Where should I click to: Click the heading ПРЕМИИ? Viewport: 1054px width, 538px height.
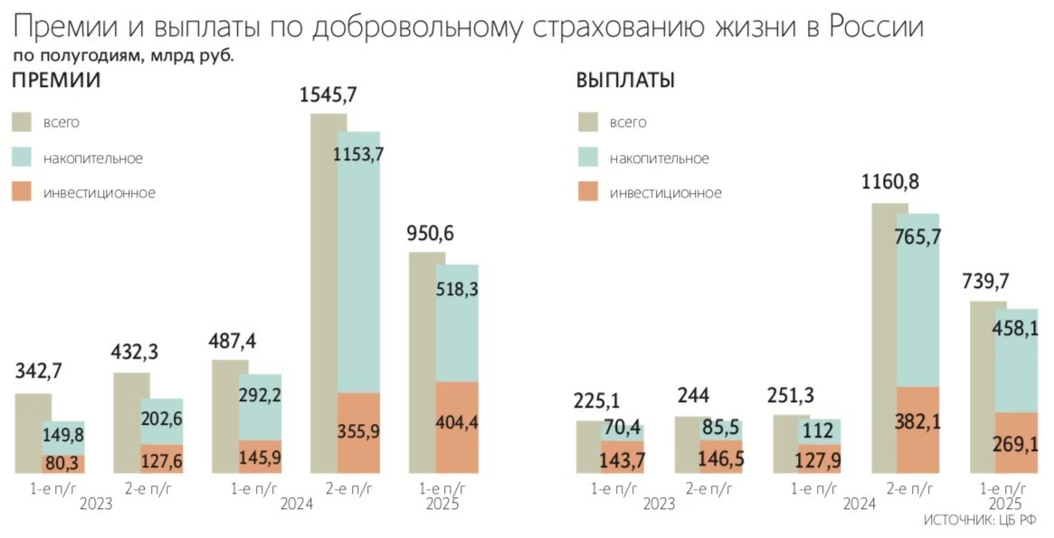pos(55,81)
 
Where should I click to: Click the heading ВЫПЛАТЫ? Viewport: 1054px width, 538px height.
pos(625,81)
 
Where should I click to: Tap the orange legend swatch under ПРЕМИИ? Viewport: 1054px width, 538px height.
pos(22,192)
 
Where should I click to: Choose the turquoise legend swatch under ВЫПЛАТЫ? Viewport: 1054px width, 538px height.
pos(588,158)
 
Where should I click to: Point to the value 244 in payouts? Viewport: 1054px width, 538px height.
pos(692,396)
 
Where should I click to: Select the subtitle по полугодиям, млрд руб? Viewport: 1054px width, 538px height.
pos(123,56)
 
